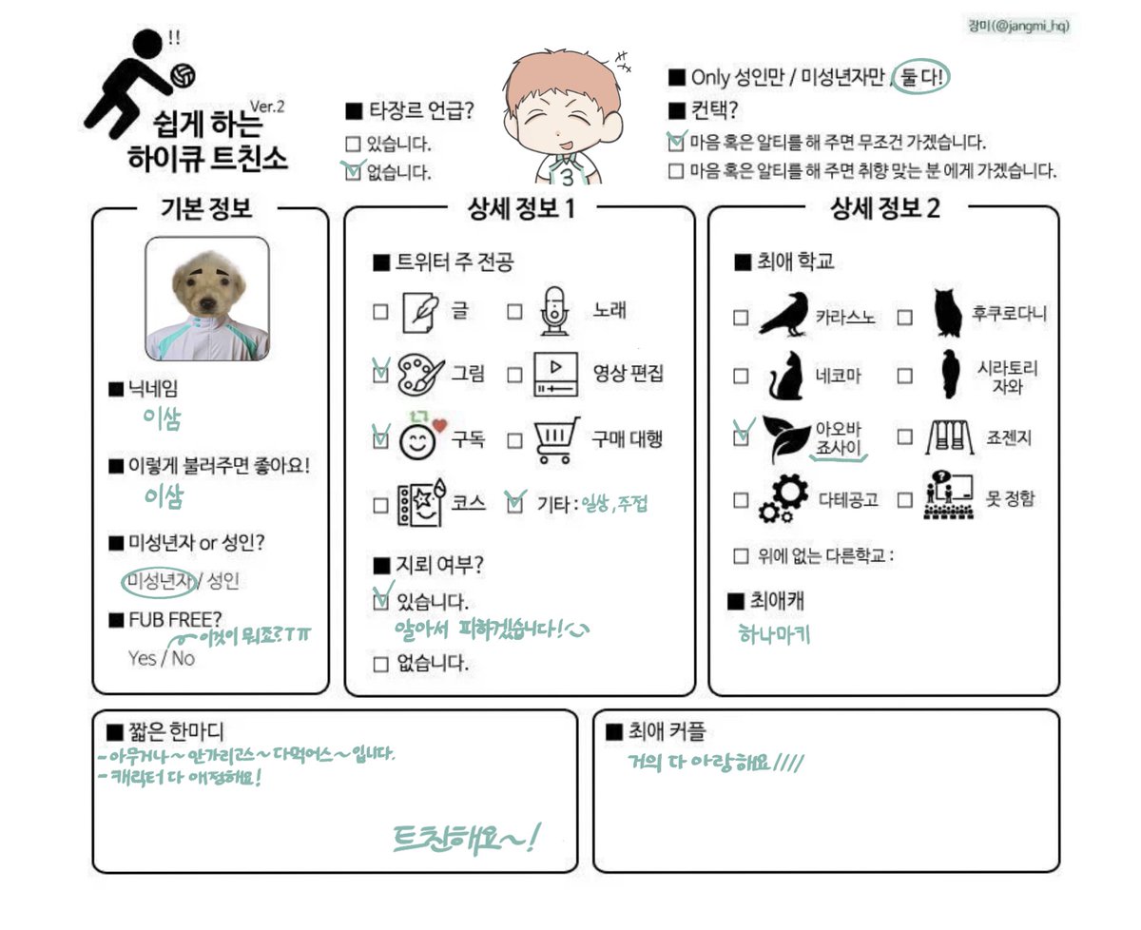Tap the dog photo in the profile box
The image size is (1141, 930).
tap(206, 299)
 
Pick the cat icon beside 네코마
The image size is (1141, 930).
tap(784, 376)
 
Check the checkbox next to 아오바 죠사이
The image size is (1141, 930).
tap(741, 437)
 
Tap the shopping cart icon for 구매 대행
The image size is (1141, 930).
tap(556, 440)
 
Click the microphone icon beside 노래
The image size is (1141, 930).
tap(553, 311)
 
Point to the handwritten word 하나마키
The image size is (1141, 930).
tap(775, 634)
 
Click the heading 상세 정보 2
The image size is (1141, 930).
tap(884, 208)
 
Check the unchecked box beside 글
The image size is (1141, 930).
tap(380, 312)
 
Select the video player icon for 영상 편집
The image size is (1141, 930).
tap(555, 375)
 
